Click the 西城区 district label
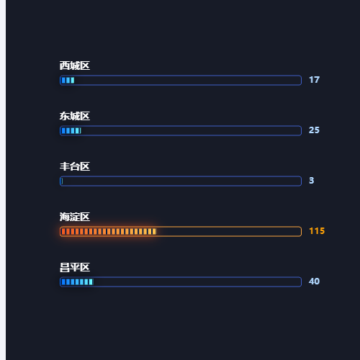75,66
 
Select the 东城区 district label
75,116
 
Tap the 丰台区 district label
75,166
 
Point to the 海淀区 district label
75,217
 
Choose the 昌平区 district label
75,267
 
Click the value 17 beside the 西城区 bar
314,80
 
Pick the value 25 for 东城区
314,130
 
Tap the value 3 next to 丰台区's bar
312,181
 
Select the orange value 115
317,231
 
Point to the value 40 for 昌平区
314,282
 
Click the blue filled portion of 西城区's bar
68,80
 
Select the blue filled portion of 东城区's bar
71,130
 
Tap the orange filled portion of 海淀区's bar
109,231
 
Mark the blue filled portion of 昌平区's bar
77,282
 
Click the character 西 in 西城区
65,66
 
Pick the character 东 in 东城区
65,116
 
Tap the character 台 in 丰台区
75,166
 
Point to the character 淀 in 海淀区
75,217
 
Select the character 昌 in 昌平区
65,267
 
